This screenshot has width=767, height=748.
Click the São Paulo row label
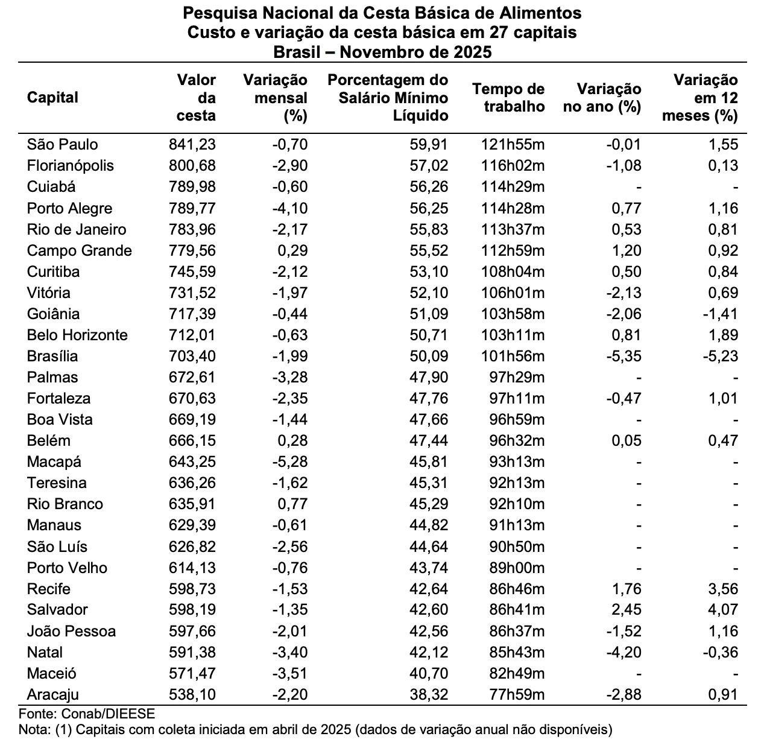(62, 144)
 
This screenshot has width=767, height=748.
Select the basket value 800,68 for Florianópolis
(193, 165)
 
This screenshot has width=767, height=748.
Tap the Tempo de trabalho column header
(508, 98)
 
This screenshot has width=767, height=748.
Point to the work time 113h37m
(513, 229)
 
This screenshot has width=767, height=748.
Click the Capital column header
(52, 97)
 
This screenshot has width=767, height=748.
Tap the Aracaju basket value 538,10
(193, 695)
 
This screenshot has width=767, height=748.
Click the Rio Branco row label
(65, 504)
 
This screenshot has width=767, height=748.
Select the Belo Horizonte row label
(77, 335)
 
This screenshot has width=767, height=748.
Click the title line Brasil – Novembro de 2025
(382, 52)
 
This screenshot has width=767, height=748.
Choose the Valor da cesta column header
(197, 97)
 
